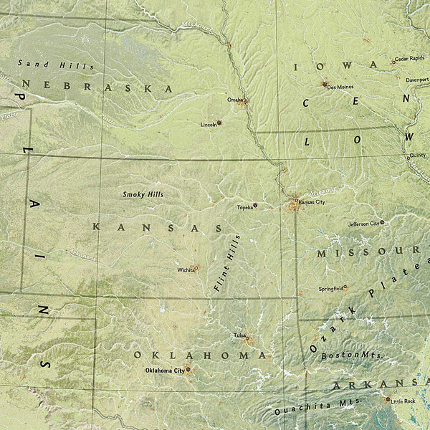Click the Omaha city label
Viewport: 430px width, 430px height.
point(234,100)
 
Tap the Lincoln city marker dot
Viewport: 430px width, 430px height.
point(219,123)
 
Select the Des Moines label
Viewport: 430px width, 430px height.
point(340,86)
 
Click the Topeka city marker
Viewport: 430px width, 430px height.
point(255,206)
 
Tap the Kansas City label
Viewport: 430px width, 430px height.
point(312,203)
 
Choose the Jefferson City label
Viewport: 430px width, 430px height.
point(363,224)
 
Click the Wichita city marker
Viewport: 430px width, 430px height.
point(196,267)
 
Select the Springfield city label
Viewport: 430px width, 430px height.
point(330,288)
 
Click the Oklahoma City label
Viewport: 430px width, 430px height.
point(164,371)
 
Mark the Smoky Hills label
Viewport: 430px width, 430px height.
point(143,194)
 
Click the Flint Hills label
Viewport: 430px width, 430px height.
point(227,262)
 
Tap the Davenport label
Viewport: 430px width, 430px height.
point(417,80)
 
